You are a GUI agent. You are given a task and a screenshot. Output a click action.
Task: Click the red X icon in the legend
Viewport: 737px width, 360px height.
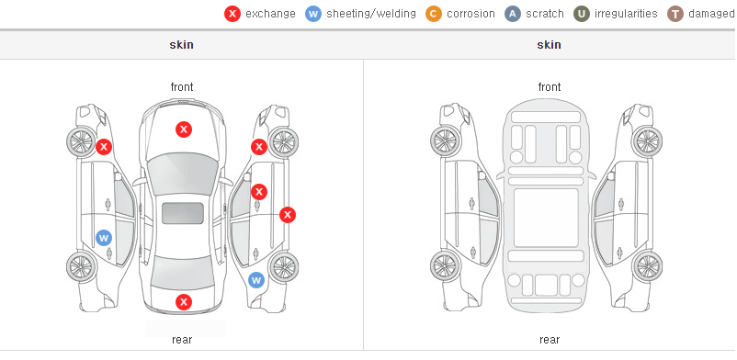(x=232, y=14)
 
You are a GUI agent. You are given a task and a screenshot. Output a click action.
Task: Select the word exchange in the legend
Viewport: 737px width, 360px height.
(x=270, y=14)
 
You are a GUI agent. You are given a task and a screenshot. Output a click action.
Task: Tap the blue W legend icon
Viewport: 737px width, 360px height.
(x=313, y=14)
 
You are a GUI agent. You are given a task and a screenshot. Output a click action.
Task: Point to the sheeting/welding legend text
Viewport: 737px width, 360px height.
(x=371, y=14)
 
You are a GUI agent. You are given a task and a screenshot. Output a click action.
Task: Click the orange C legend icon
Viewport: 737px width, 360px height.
(x=434, y=14)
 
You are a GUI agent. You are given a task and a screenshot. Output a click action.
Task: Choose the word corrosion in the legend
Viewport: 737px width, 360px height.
(x=471, y=14)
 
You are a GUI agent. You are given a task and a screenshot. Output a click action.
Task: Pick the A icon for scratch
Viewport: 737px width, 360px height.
(x=513, y=14)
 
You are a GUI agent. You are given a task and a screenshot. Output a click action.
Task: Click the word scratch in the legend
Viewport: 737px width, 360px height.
(x=545, y=14)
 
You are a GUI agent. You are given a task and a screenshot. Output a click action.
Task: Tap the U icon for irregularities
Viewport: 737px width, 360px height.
(x=582, y=14)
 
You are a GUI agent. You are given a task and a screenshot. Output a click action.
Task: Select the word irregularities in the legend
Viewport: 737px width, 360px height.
(x=626, y=14)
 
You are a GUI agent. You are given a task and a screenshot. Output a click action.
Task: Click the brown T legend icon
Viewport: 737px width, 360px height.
(x=675, y=14)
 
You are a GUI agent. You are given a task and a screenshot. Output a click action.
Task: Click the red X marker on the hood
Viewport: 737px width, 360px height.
(x=184, y=129)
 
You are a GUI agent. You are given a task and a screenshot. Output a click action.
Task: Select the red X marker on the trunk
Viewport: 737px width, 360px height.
(x=184, y=302)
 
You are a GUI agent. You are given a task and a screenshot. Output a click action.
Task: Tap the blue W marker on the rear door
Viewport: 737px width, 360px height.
(x=104, y=238)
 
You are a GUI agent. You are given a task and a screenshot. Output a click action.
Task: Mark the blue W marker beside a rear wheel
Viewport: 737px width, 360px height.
(x=256, y=281)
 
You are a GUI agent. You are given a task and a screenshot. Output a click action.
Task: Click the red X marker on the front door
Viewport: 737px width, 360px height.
(x=259, y=192)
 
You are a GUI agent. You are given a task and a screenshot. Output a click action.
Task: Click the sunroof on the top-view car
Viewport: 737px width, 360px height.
(x=183, y=213)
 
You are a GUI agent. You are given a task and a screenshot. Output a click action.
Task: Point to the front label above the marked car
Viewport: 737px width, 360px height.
(x=182, y=87)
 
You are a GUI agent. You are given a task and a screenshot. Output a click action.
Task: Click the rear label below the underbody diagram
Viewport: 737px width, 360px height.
(x=550, y=340)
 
